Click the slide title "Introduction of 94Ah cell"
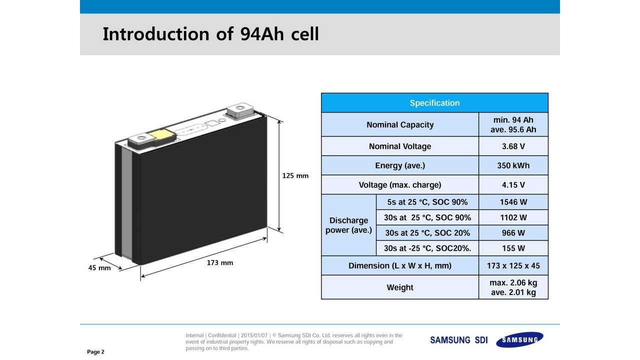point(210,34)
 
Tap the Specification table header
point(434,103)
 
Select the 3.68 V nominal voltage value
point(513,146)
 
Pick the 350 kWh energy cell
point(513,165)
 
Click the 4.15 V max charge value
point(513,185)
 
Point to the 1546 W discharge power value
point(513,202)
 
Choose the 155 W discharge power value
point(513,248)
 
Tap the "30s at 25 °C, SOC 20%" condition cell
point(427,233)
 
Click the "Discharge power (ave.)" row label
point(348,225)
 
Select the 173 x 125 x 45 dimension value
point(513,265)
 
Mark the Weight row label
point(399,287)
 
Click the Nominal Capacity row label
point(399,124)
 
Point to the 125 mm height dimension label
point(295,175)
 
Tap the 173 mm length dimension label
point(219,262)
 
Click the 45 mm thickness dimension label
point(99,267)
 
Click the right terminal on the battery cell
point(240,110)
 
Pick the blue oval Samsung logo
point(519,339)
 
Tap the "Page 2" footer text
point(95,351)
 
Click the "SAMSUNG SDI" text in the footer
point(458,340)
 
